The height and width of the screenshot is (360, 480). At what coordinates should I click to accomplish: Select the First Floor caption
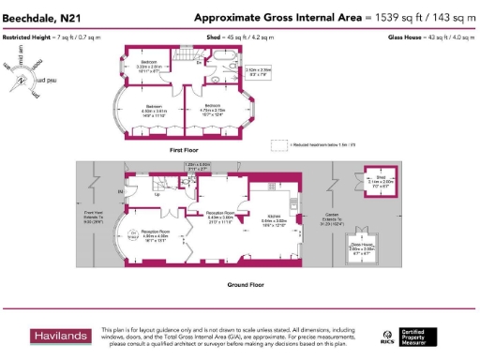(x=188, y=149)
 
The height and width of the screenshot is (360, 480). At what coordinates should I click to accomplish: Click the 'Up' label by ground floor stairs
(x=120, y=192)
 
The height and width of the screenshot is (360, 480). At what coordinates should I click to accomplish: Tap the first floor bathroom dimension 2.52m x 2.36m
(x=261, y=71)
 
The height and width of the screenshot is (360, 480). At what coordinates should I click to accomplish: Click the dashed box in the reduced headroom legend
(x=278, y=144)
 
